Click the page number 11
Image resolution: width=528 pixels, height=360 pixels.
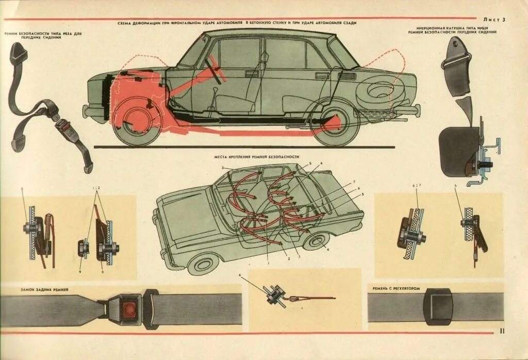(x=501, y=332)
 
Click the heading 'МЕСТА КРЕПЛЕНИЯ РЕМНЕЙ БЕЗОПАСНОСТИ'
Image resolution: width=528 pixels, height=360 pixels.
(x=256, y=156)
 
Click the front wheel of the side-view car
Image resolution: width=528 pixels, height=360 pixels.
(x=136, y=122)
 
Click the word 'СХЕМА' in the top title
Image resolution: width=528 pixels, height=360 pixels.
(x=126, y=23)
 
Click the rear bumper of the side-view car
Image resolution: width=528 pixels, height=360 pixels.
(x=412, y=110)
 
